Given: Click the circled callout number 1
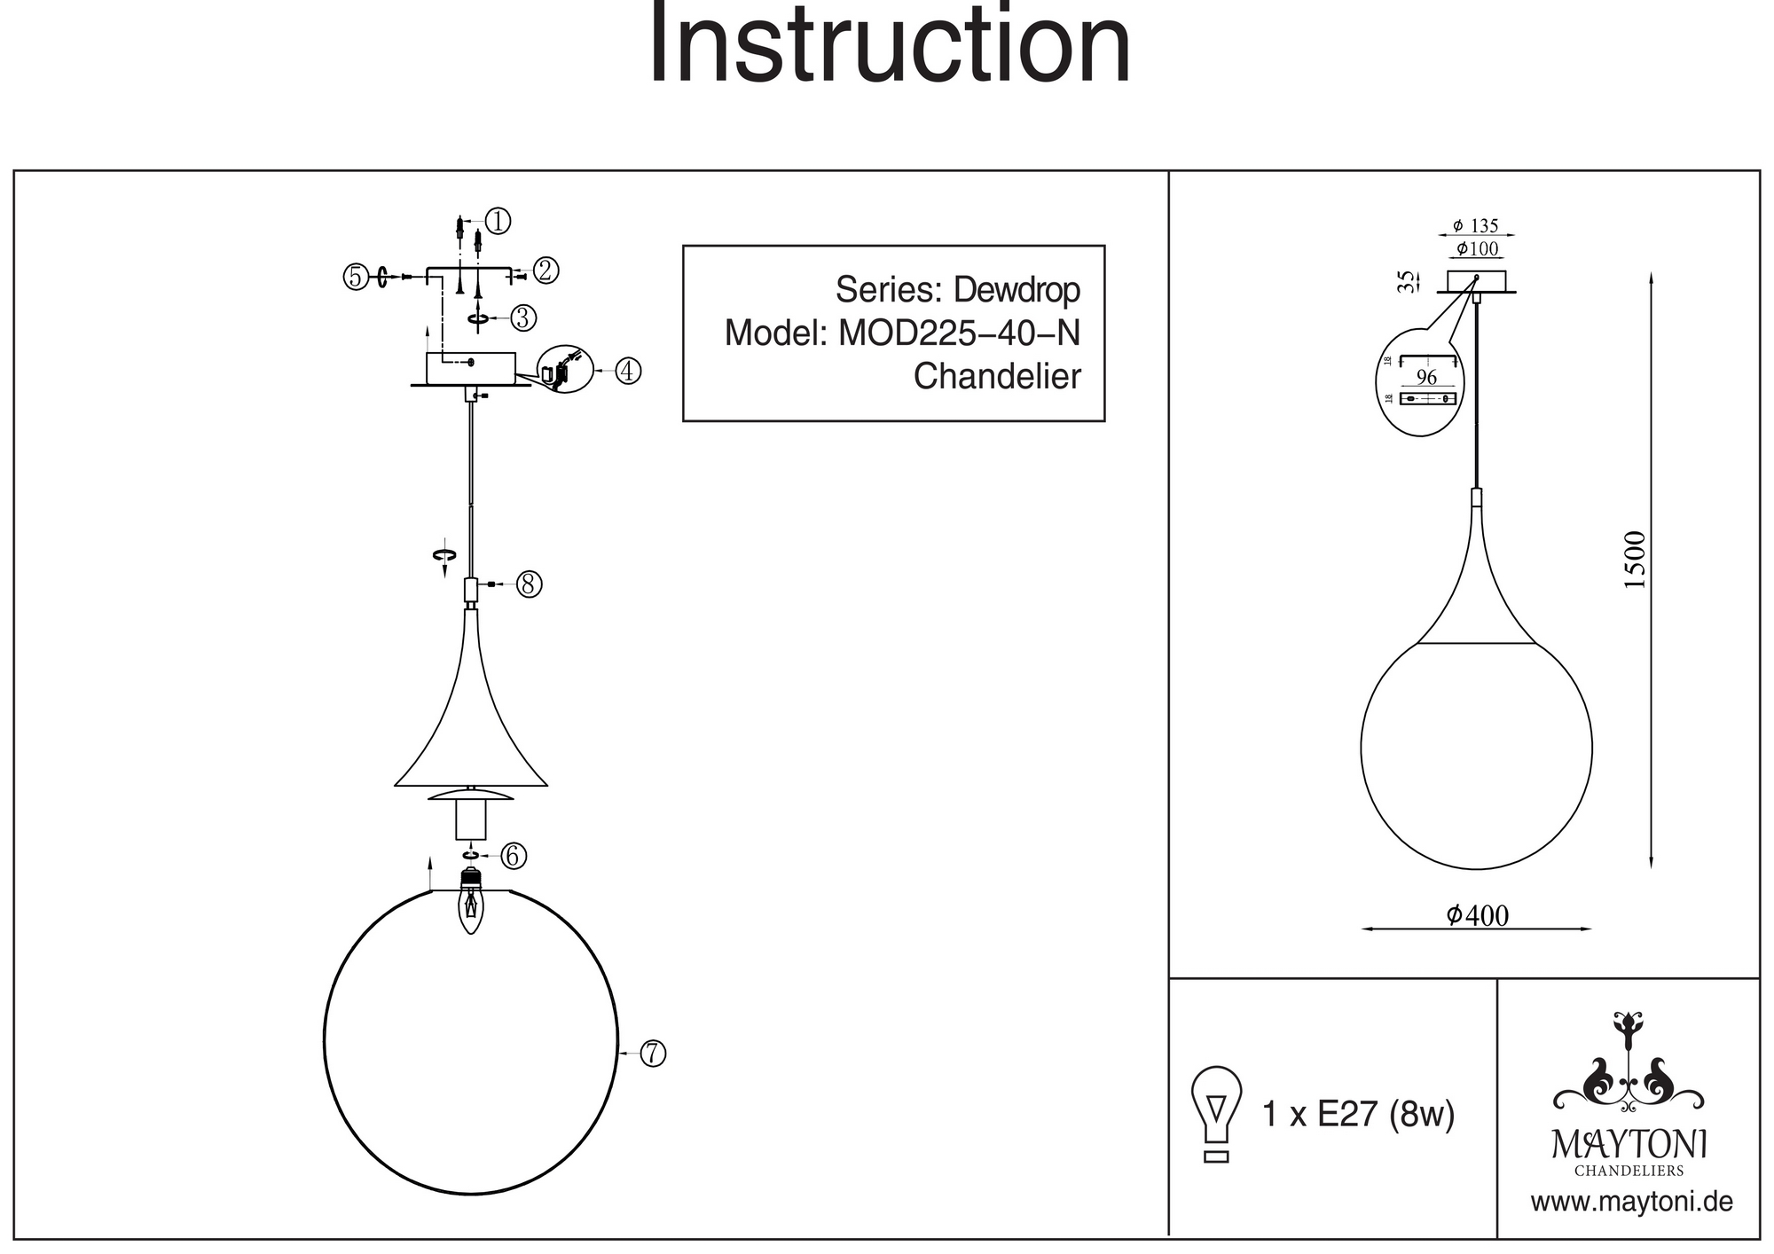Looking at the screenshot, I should click(498, 221).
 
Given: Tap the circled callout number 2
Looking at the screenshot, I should click(546, 270).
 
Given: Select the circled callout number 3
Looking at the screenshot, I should click(523, 317).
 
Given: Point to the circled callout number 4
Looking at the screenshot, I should click(628, 370).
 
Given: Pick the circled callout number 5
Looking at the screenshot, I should click(356, 277).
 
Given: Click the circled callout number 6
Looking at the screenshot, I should click(514, 856).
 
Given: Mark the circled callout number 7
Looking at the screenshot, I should click(653, 1054).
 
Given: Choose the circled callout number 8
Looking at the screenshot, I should click(530, 584).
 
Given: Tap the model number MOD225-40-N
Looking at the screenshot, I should click(959, 333).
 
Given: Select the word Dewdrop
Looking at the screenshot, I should click(1017, 290).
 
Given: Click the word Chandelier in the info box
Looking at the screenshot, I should click(997, 377).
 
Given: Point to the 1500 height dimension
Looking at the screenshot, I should click(1634, 560).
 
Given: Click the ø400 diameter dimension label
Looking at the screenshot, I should click(1477, 915).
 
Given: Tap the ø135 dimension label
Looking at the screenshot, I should click(1476, 226).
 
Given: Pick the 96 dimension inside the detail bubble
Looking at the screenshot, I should click(1426, 377).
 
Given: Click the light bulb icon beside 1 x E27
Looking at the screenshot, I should click(1216, 1114).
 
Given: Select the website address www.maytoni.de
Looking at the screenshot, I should click(1631, 1203).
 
